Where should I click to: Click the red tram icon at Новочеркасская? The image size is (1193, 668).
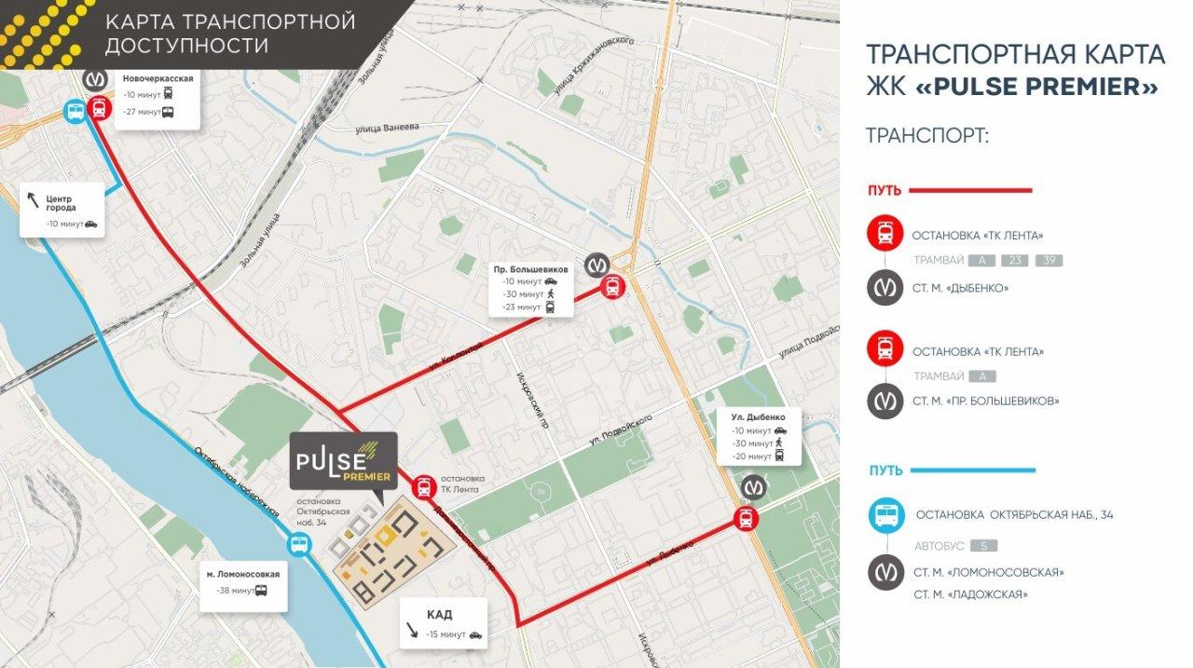pyautogui.click(x=100, y=109)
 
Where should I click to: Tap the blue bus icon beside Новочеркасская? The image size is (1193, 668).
pyautogui.click(x=75, y=112)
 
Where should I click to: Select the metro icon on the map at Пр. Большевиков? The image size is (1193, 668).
pyautogui.click(x=597, y=265)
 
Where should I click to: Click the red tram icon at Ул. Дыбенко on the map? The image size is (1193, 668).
pyautogui.click(x=745, y=520)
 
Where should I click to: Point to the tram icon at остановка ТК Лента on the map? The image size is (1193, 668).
pyautogui.click(x=424, y=485)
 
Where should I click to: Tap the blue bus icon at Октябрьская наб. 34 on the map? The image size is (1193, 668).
pyautogui.click(x=298, y=547)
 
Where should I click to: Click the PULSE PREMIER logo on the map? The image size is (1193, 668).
pyautogui.click(x=343, y=461)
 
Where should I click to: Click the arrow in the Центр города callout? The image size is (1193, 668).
pyautogui.click(x=34, y=198)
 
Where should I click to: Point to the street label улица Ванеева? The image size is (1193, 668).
pyautogui.click(x=388, y=128)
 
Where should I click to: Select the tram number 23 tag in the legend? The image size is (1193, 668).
pyautogui.click(x=1014, y=261)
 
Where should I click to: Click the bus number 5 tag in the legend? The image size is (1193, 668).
pyautogui.click(x=983, y=546)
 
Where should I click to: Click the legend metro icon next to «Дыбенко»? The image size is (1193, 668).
pyautogui.click(x=884, y=288)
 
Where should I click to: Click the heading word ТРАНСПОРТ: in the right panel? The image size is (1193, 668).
pyautogui.click(x=926, y=136)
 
